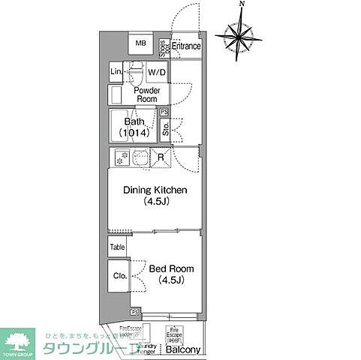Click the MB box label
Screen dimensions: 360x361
pyautogui.click(x=140, y=44)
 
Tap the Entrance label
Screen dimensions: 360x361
pyautogui.click(x=186, y=46)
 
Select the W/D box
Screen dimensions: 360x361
pyautogui.click(x=157, y=72)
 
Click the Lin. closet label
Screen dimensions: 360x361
pyautogui.click(x=116, y=72)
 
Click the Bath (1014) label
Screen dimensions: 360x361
pyautogui.click(x=134, y=127)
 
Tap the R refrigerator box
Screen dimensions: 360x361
pyautogui.click(x=161, y=157)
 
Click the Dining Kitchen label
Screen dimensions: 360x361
pyautogui.click(x=155, y=196)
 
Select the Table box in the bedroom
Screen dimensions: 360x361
pyautogui.click(x=117, y=247)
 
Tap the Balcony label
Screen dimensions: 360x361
pyautogui.click(x=183, y=350)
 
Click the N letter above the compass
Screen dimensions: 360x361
pyautogui.click(x=241, y=4)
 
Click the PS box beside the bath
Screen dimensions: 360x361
pyautogui.click(x=164, y=112)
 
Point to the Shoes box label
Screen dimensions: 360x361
pyautogui.click(x=163, y=46)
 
